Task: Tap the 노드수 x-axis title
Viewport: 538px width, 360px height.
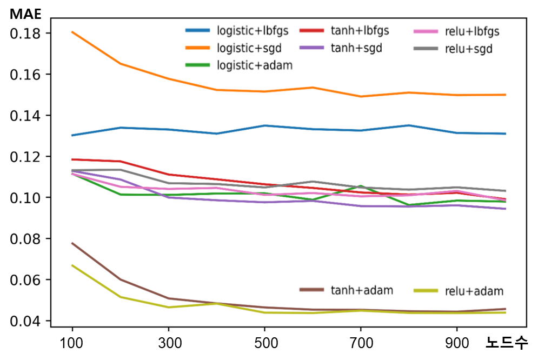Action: point(507,343)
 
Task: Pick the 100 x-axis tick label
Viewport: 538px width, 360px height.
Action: point(72,343)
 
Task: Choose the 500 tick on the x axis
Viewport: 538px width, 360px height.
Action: point(265,343)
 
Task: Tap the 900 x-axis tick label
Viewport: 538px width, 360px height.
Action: point(457,343)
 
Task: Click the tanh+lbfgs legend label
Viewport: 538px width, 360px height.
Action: point(360,30)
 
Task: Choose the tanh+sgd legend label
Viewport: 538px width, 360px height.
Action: point(356,48)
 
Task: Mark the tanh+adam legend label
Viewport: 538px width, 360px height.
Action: point(362,290)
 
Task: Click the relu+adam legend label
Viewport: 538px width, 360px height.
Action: point(474,291)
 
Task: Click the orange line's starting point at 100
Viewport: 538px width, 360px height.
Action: point(72,32)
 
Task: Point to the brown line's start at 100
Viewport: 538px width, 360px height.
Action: point(72,243)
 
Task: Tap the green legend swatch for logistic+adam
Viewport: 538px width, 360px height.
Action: point(197,66)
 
